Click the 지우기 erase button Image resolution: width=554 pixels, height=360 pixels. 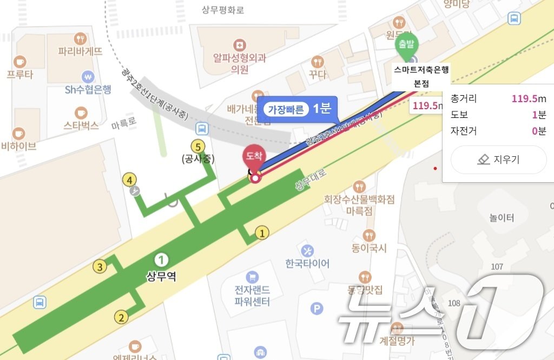(498, 159)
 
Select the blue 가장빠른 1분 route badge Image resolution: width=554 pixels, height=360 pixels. (297, 109)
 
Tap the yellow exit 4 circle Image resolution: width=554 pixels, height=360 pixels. (130, 179)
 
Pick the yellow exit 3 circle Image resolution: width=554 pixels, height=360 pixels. (100, 266)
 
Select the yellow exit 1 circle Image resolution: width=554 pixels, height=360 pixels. (262, 233)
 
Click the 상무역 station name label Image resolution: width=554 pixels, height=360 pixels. (161, 276)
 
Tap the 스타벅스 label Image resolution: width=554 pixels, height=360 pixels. (81, 125)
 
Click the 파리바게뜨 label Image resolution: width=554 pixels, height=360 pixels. (80, 52)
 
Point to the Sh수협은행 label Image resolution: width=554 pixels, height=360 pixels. (88, 90)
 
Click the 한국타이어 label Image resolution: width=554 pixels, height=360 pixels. (307, 264)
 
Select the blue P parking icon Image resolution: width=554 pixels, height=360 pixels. (316, 309)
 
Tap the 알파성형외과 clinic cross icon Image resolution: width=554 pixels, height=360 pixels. (239, 44)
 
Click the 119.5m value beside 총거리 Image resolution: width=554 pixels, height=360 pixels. (529, 99)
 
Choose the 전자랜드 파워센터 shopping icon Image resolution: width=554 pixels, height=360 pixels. (252, 277)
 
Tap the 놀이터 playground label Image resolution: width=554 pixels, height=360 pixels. (502, 218)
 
